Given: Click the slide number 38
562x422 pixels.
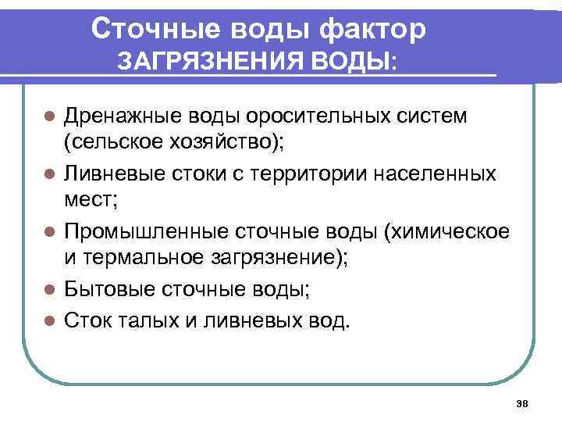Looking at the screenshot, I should pos(523,404).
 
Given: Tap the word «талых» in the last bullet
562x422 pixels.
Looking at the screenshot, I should pos(146,319).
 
